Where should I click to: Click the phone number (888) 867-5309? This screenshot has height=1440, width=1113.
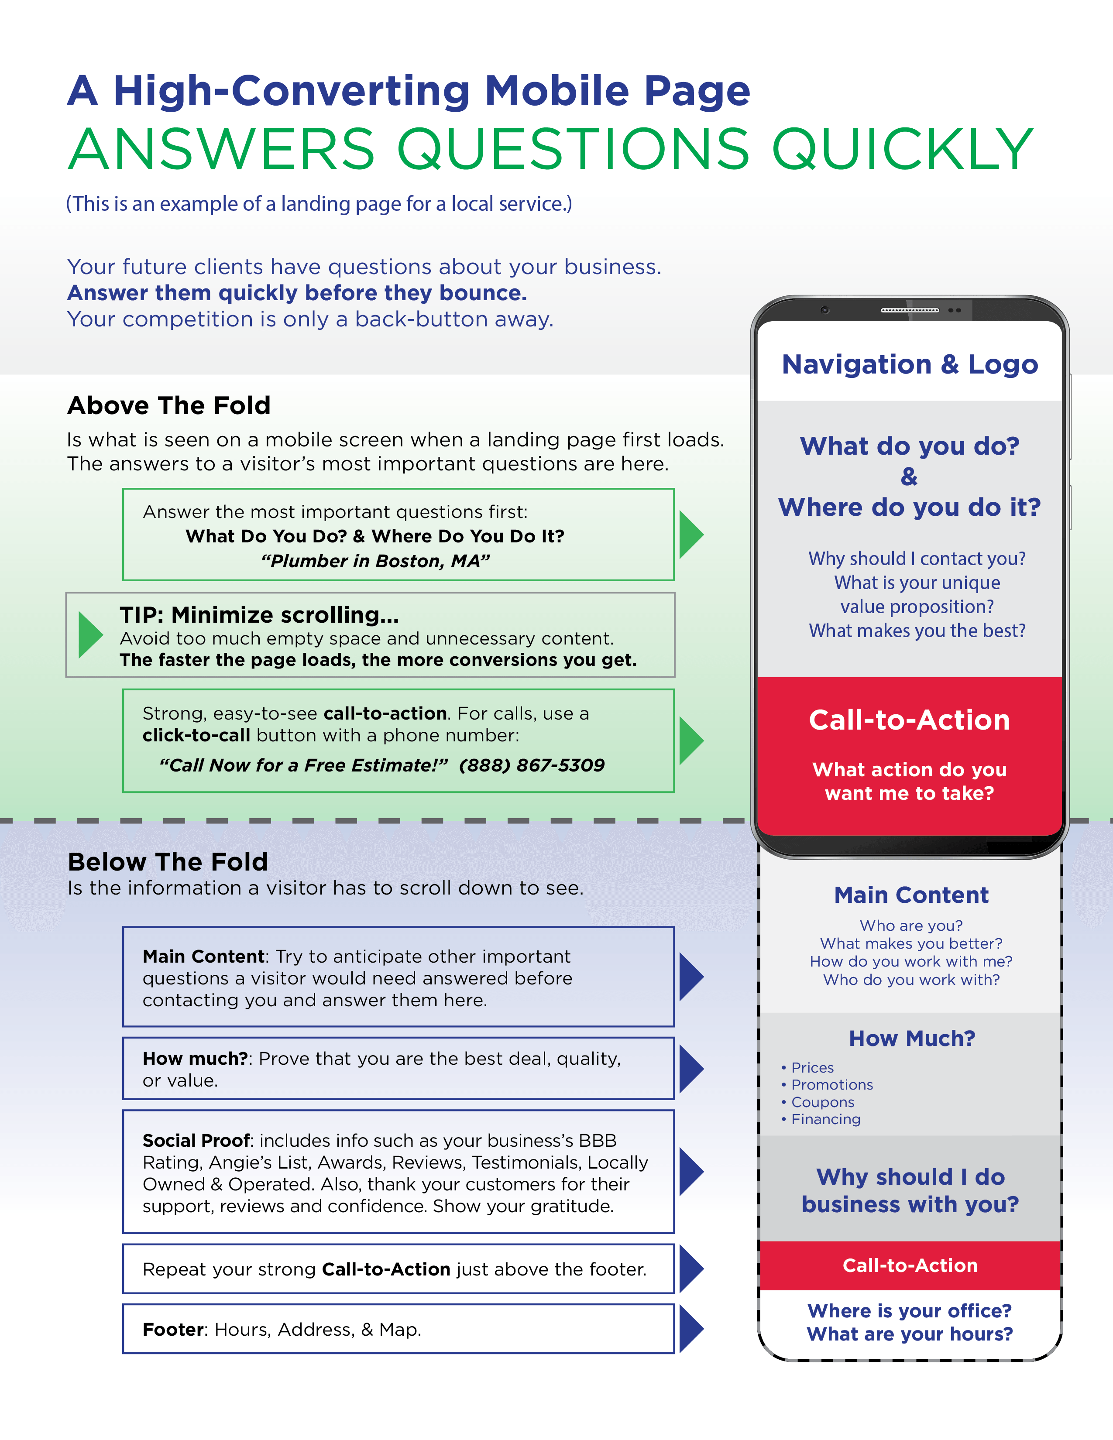pos(532,765)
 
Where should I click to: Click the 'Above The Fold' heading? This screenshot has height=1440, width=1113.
pos(169,405)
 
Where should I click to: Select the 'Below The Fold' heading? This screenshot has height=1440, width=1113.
pos(168,862)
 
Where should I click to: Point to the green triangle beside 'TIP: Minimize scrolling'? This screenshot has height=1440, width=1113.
pos(90,635)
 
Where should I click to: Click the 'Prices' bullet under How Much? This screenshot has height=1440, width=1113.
pos(812,1067)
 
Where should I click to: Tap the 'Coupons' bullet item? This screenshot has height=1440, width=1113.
pos(822,1102)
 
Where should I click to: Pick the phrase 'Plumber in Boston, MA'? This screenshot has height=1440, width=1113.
pos(375,561)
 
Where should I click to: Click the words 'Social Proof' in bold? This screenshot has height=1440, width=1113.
pos(196,1141)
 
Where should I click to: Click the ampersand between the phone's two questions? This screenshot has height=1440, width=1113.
pos(909,477)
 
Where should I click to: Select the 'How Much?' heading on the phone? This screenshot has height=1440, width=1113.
pos(911,1039)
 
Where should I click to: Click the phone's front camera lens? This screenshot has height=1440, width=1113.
pos(824,310)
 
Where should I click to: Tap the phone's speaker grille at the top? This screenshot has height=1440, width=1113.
pos(910,310)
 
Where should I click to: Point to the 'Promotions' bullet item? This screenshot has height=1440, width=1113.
pos(831,1085)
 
